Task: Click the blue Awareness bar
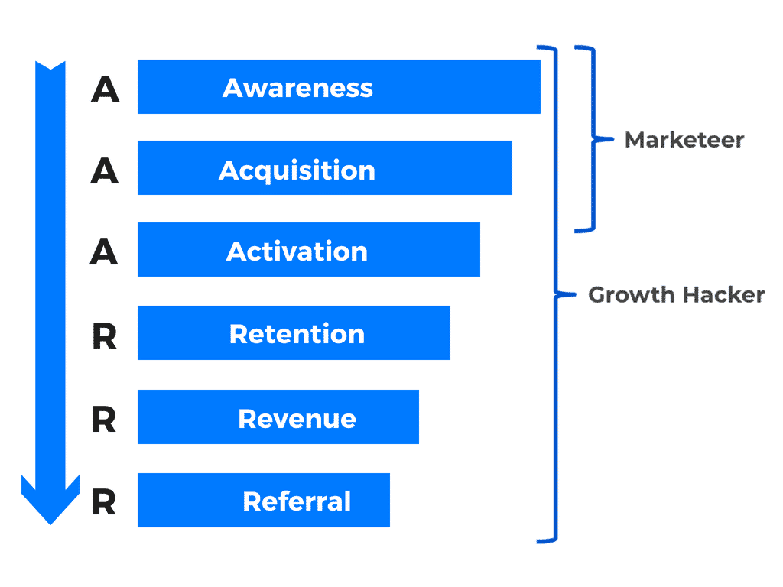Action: (339, 87)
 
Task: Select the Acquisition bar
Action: (324, 167)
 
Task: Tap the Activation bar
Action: (309, 250)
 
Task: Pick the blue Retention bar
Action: (294, 333)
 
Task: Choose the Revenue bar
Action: (278, 417)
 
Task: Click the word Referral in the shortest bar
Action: (297, 501)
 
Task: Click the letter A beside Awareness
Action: (105, 89)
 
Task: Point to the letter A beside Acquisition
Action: (104, 170)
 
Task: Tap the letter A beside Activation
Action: (104, 251)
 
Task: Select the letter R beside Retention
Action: (104, 336)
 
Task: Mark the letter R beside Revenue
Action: (104, 420)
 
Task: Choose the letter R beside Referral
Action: (104, 502)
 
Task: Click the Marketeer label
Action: (684, 140)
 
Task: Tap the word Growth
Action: (631, 295)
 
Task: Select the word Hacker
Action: (723, 295)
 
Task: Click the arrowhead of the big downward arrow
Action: (50, 499)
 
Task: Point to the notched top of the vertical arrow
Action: (50, 66)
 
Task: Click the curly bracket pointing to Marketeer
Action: (593, 139)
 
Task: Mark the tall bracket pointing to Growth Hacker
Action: (555, 294)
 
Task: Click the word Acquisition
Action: (297, 170)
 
